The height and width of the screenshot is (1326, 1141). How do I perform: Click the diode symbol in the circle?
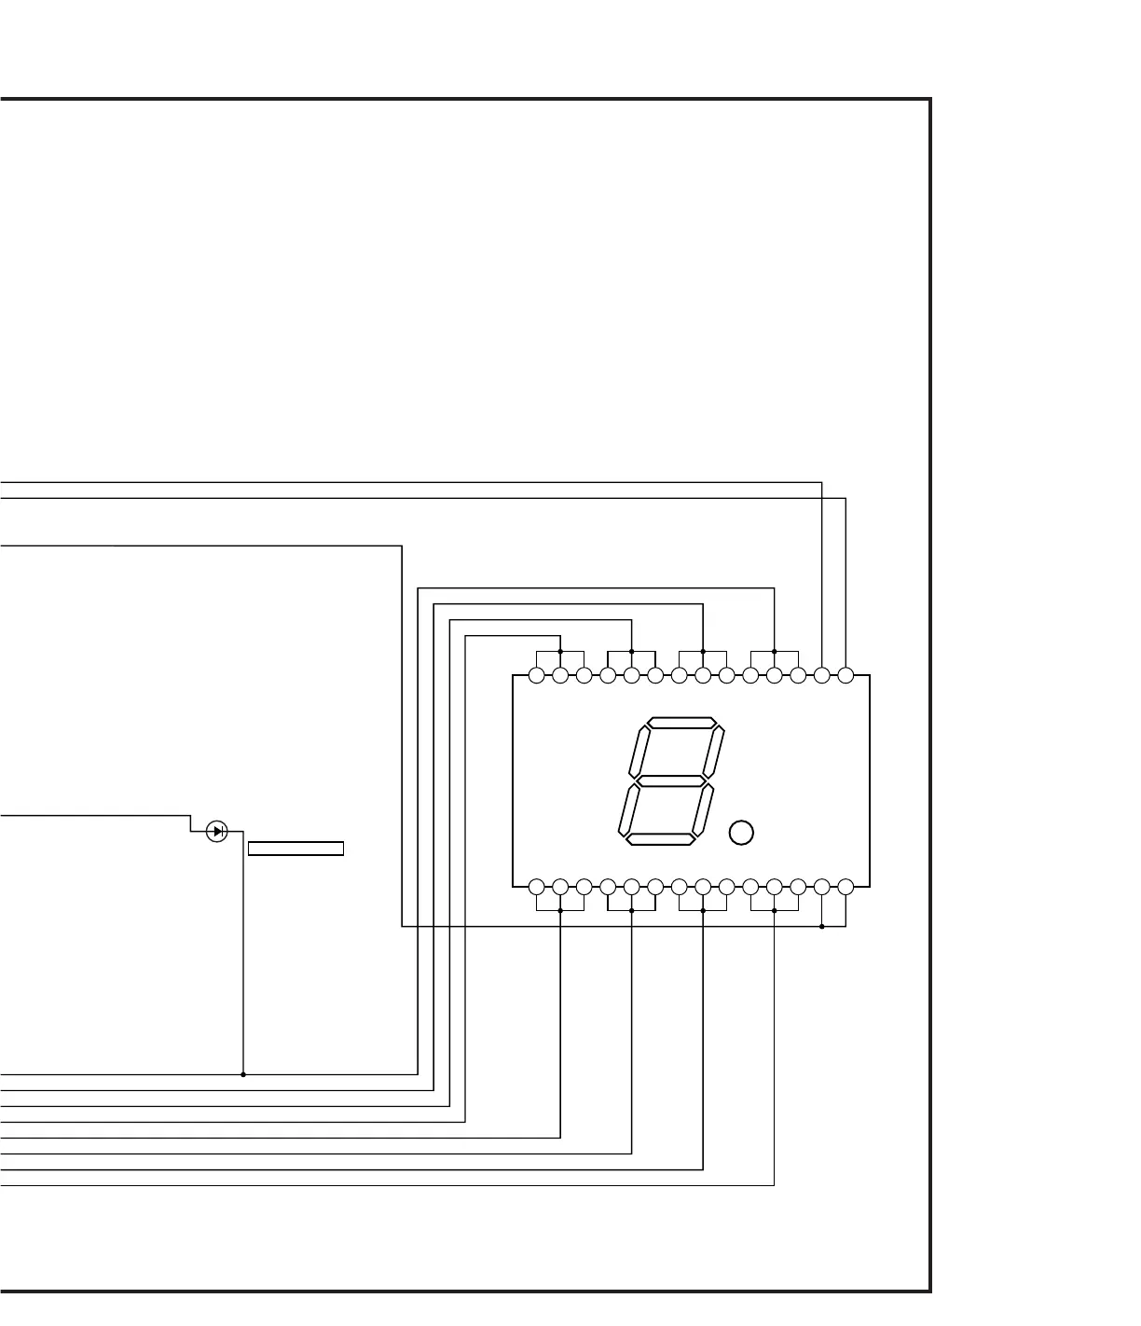pyautogui.click(x=216, y=831)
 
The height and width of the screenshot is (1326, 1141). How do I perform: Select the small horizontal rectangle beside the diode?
pyautogui.click(x=296, y=849)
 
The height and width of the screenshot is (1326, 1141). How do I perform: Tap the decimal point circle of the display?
pyautogui.click(x=741, y=833)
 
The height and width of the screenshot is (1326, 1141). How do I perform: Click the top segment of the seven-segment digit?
pyautogui.click(x=682, y=723)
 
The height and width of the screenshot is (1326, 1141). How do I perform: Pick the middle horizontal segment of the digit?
pyautogui.click(x=670, y=780)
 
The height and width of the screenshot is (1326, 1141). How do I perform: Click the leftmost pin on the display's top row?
pyautogui.click(x=536, y=675)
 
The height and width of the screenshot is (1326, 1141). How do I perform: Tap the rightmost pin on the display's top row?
pyautogui.click(x=845, y=675)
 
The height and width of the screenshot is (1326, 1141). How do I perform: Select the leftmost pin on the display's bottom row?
pyautogui.click(x=536, y=887)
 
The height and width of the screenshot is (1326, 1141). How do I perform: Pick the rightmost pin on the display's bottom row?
pyautogui.click(x=845, y=887)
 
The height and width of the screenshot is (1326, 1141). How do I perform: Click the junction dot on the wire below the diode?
pyautogui.click(x=243, y=1074)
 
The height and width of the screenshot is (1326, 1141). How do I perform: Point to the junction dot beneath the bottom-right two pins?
pyautogui.click(x=821, y=927)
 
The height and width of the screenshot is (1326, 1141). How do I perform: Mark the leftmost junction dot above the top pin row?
pyautogui.click(x=560, y=651)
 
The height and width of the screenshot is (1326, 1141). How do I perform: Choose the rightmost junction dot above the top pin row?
pyautogui.click(x=775, y=651)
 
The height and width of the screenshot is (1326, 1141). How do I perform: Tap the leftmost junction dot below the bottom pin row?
pyautogui.click(x=560, y=911)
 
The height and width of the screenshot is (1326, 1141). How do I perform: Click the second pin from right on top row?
pyautogui.click(x=821, y=675)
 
